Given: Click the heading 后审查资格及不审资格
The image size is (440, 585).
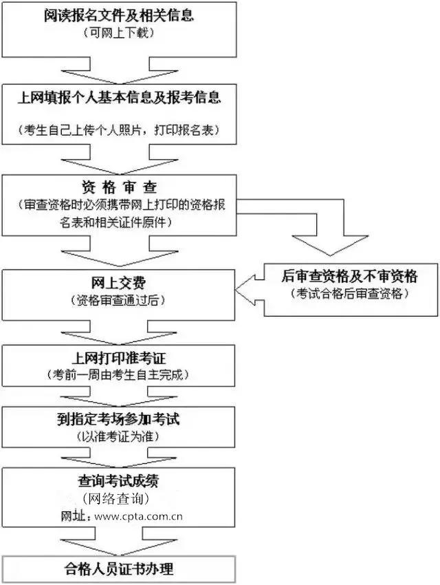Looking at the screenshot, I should pos(349,277).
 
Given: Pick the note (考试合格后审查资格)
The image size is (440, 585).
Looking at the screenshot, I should pos(349,294).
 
